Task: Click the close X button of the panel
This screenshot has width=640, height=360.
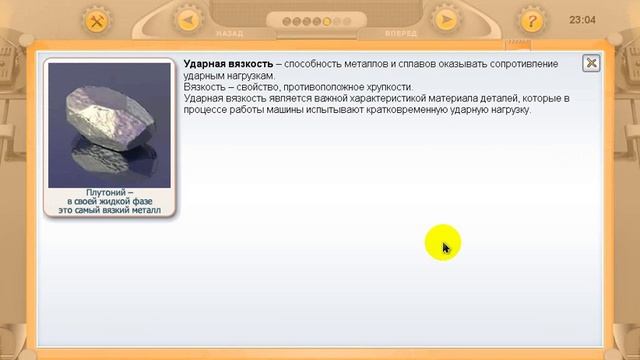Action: click(x=591, y=63)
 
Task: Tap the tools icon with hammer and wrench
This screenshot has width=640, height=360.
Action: click(x=97, y=20)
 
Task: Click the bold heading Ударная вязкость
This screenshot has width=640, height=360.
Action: click(x=228, y=64)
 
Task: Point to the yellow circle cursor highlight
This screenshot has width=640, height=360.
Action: click(x=442, y=245)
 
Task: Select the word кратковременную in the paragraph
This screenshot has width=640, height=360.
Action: click(x=418, y=109)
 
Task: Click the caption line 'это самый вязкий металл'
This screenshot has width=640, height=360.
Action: click(x=109, y=211)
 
